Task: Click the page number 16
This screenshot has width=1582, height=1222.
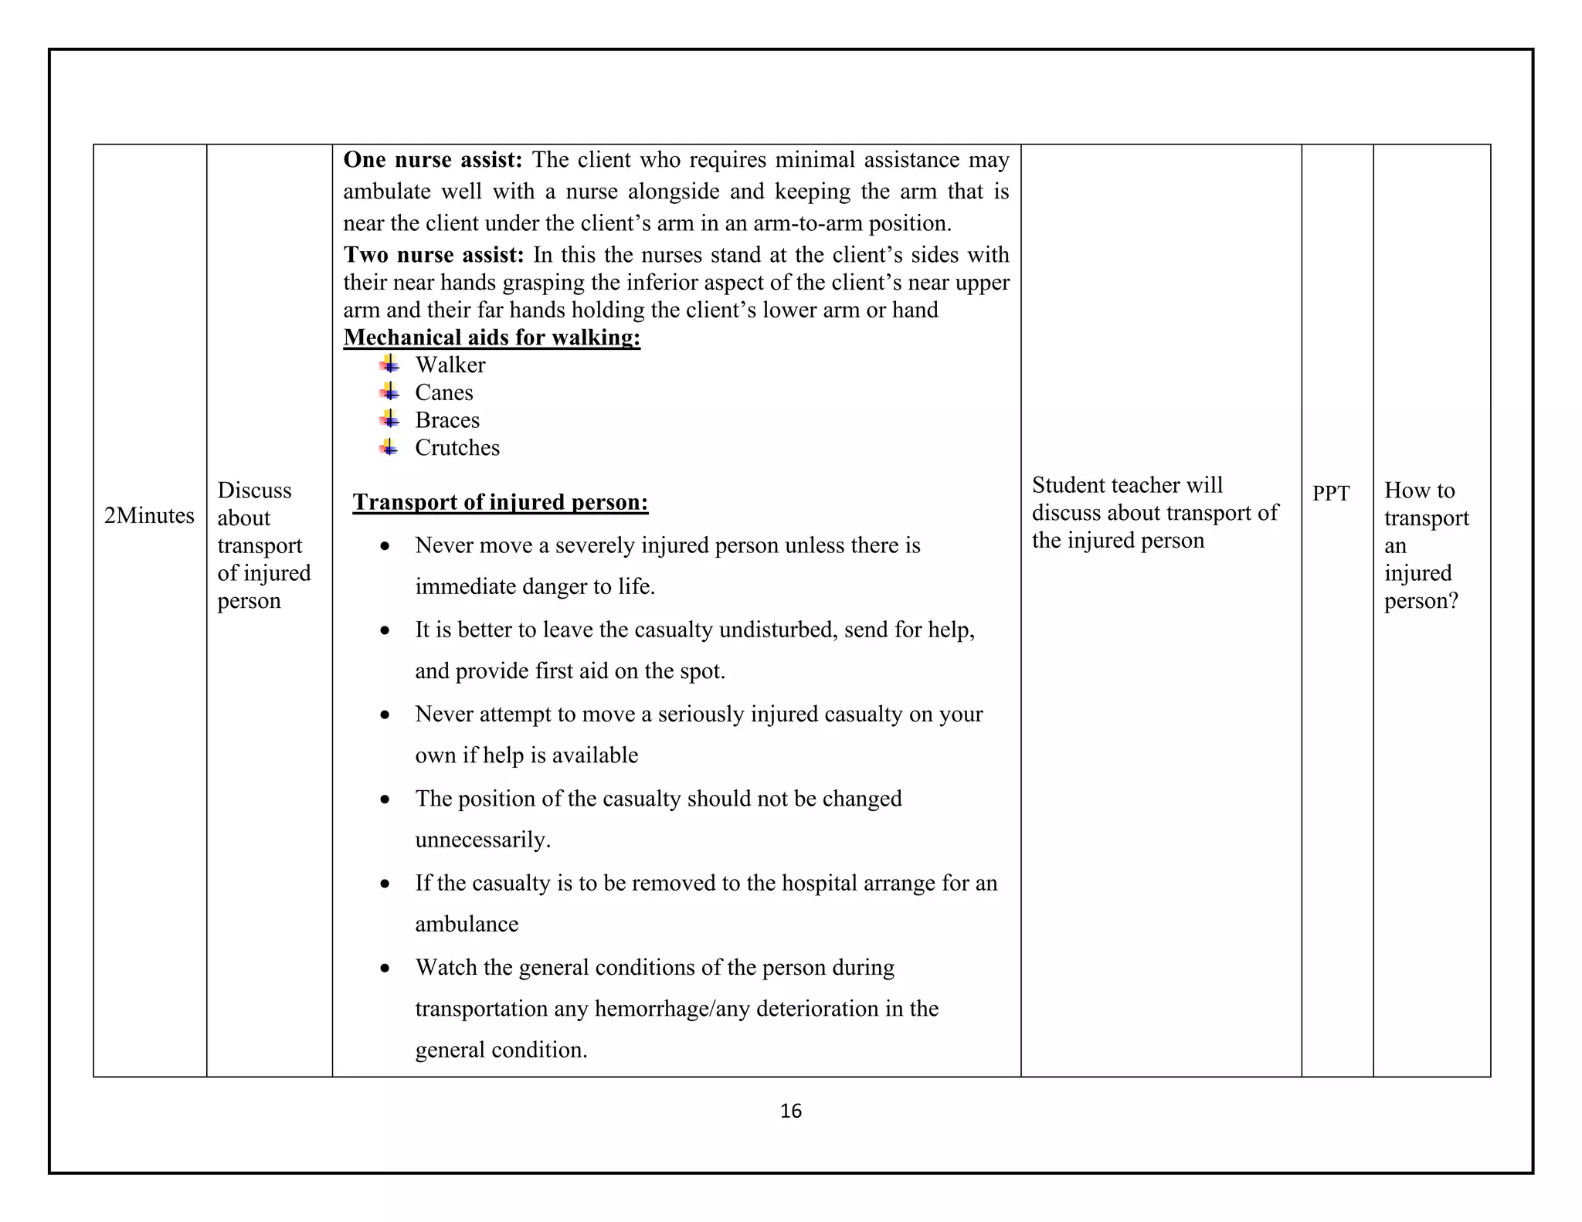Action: click(x=790, y=1111)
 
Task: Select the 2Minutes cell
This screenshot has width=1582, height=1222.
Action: click(x=149, y=515)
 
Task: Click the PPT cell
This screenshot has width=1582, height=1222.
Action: click(x=1330, y=493)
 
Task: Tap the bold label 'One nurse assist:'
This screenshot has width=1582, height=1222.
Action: click(x=433, y=160)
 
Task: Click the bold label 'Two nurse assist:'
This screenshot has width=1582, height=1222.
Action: click(x=433, y=255)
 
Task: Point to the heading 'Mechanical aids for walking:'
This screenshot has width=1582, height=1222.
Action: click(x=491, y=338)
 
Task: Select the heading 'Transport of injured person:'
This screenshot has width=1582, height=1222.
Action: click(x=500, y=502)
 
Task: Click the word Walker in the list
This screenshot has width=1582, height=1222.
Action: click(x=450, y=365)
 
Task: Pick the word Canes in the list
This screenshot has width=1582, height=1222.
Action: click(x=443, y=392)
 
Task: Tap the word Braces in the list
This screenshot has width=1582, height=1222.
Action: click(x=446, y=420)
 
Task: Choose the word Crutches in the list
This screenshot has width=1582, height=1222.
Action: click(x=457, y=448)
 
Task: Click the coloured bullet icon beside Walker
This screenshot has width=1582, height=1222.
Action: click(x=389, y=364)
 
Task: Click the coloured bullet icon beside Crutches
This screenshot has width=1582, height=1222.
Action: click(x=389, y=447)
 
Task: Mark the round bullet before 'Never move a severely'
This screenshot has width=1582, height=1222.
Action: click(x=385, y=546)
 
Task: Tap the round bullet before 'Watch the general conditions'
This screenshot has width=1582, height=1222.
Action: click(x=385, y=969)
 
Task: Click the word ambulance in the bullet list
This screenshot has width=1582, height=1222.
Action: click(x=466, y=925)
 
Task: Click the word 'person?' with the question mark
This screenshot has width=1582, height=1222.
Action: click(x=1421, y=601)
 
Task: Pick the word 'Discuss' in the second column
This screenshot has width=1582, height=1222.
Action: click(x=254, y=490)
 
